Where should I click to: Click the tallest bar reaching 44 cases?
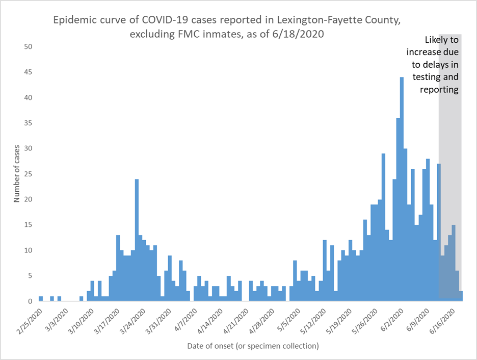pyautogui.click(x=402, y=189)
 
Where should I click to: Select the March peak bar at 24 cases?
pyautogui.click(x=137, y=240)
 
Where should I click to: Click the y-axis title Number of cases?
pyautogui.click(x=16, y=174)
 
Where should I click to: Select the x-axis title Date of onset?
pyautogui.click(x=253, y=346)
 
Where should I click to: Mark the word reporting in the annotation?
pyautogui.click(x=439, y=90)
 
